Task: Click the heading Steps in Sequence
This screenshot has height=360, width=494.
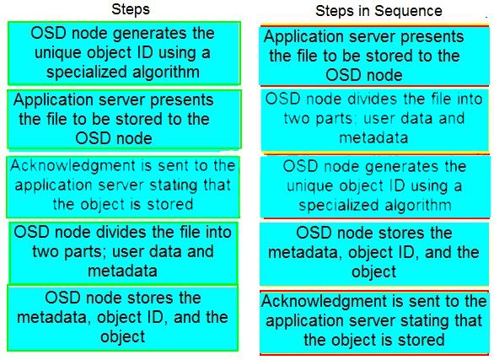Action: click(379, 11)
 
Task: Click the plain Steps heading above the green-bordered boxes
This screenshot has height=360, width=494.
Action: click(131, 9)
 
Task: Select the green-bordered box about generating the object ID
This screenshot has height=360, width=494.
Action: click(124, 53)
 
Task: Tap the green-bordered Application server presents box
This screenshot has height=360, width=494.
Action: click(124, 119)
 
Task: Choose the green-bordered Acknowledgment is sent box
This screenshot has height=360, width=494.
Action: click(123, 186)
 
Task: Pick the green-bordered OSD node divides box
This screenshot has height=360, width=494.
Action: click(123, 253)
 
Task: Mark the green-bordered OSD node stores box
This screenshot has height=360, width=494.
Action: click(123, 318)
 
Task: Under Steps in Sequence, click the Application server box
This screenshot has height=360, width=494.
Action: click(374, 56)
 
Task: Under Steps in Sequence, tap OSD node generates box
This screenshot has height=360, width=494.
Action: click(375, 187)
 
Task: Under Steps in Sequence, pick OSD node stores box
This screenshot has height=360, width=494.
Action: click(374, 254)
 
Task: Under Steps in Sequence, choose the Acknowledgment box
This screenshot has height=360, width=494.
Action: click(374, 322)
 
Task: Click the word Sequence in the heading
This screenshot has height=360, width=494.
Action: click(408, 12)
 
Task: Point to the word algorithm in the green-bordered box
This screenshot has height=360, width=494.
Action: click(166, 73)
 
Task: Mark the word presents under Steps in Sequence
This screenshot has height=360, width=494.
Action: click(432, 37)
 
